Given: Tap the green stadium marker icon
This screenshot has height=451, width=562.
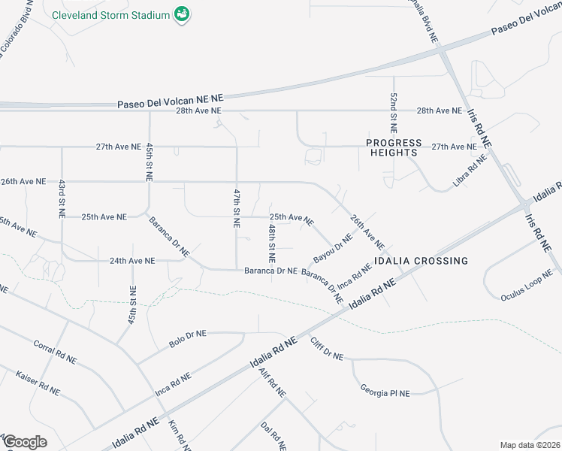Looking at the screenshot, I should (x=181, y=14).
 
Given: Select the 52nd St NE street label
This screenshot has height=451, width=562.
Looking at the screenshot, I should (x=393, y=110).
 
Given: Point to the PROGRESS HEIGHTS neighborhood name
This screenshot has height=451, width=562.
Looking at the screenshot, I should (x=391, y=147).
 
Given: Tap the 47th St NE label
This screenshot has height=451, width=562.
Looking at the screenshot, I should (x=236, y=208).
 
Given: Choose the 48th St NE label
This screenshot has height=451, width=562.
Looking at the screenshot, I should (x=272, y=238).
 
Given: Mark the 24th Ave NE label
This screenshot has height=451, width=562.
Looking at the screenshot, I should (x=131, y=261).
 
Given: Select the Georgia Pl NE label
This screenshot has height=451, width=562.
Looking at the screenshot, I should (x=385, y=392).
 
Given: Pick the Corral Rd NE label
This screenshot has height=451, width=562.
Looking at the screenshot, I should (x=55, y=352).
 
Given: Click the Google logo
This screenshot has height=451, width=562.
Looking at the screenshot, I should (x=25, y=441).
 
